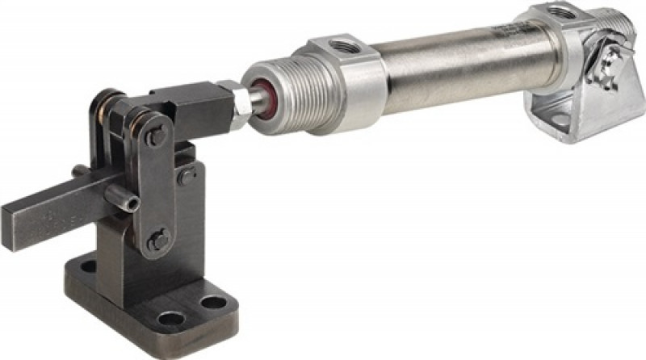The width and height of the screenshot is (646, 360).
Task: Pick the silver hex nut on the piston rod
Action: click(241, 103)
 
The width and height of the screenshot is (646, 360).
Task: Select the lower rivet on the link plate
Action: click(159, 239)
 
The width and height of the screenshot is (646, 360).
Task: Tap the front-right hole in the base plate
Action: click(213, 303)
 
